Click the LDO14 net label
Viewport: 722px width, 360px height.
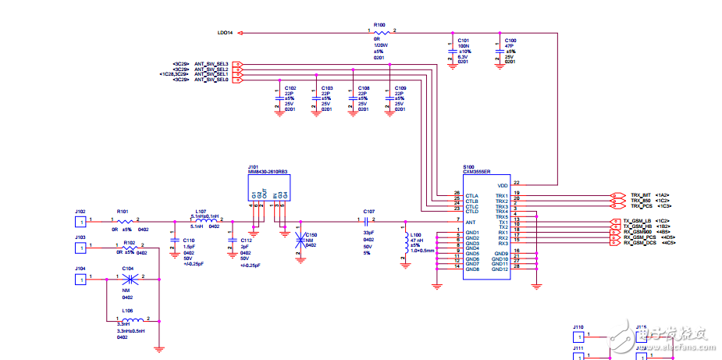pos(225,33)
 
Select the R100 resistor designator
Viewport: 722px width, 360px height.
pos(379,24)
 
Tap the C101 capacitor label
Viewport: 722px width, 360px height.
pos(463,39)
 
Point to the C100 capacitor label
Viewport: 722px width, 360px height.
pos(510,39)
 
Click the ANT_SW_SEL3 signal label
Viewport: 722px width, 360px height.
pos(211,63)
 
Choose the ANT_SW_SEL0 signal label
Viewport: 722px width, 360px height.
pos(211,80)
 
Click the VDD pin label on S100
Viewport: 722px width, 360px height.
pos(503,185)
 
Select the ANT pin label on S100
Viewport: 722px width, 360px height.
pos(471,222)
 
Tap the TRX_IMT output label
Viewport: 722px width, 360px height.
pos(641,194)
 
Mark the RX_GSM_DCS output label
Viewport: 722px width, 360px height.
pos(640,244)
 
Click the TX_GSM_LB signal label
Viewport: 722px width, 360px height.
pos(638,221)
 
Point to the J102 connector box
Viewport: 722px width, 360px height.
pos(80,222)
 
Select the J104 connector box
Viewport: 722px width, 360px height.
pos(80,279)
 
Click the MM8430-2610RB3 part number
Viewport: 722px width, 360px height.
pos(267,171)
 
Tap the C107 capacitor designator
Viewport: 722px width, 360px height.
pos(369,211)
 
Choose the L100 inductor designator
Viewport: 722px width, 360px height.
pos(414,235)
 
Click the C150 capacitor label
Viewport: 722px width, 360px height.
pos(311,234)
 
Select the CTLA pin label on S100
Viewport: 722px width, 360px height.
pos(471,195)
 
